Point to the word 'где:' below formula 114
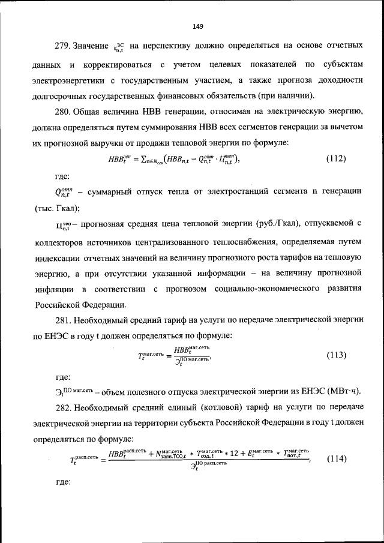click(63, 482)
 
